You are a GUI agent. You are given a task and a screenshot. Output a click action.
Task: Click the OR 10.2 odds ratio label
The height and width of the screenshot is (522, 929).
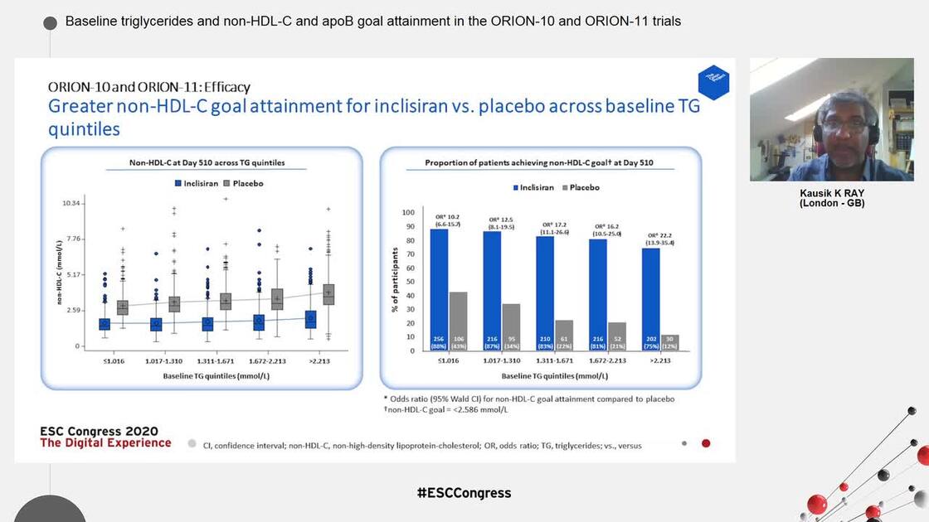point(448,220)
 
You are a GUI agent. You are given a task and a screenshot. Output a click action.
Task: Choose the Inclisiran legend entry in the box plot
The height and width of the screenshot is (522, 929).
point(195,183)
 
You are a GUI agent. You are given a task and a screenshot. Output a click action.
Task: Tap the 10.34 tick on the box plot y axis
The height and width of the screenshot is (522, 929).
point(72,203)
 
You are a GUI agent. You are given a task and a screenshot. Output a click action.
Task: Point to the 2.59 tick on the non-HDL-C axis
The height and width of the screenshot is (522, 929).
point(74,310)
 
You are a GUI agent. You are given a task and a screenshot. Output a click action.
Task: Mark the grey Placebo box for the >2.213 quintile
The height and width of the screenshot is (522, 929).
point(328,294)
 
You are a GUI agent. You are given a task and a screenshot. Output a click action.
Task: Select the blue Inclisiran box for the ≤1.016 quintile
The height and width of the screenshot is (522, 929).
point(105,324)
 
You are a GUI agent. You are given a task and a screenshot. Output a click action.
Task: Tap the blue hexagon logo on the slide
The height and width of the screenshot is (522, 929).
point(713,83)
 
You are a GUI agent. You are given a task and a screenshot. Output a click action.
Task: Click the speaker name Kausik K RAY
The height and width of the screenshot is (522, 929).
point(831,194)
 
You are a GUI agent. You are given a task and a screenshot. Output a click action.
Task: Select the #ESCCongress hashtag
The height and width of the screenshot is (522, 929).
point(464,493)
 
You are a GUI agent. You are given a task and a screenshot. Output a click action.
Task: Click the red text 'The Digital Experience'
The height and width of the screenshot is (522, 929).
point(105,442)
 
